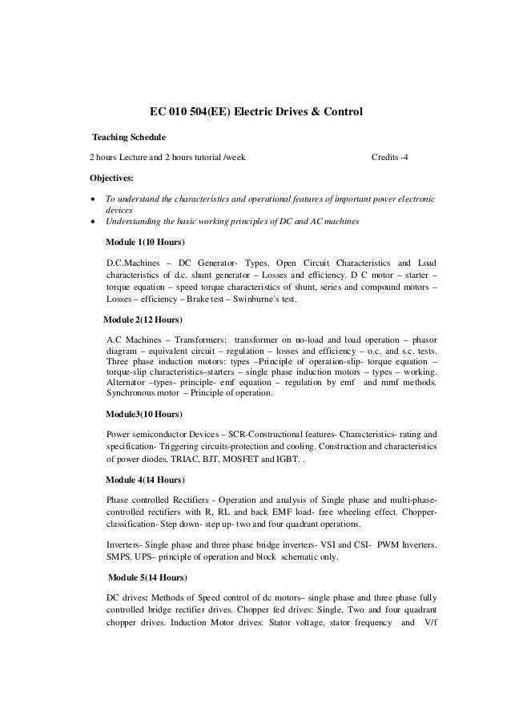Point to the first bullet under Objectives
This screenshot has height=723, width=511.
93,198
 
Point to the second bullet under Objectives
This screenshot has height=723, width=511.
93,221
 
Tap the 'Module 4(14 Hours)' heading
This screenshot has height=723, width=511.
147,480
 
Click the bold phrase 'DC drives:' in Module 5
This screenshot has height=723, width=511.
127,596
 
